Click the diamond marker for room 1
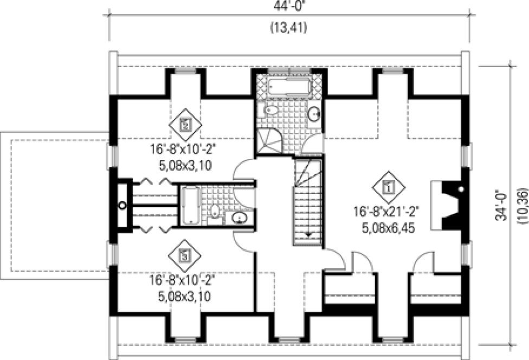(388, 188)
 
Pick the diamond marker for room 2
(185, 125)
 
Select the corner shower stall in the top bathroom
(269, 140)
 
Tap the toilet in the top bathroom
(269, 111)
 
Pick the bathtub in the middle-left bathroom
(190, 205)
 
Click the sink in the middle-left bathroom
(239, 217)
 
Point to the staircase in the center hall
(309, 201)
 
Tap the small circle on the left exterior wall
(122, 205)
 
